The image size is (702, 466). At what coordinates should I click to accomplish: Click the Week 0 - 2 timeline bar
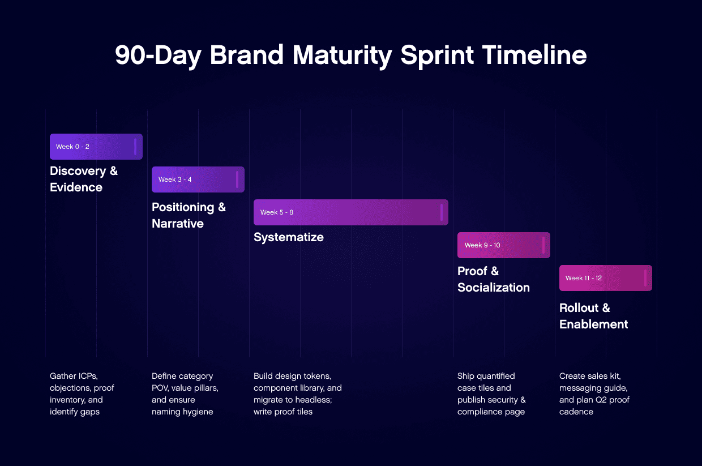(96, 147)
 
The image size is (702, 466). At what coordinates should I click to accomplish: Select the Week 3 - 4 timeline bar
(198, 179)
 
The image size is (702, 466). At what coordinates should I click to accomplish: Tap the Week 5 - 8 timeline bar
(350, 212)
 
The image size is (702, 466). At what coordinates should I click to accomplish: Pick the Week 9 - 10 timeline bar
(503, 245)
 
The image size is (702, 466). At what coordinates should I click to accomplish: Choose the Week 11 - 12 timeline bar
(605, 278)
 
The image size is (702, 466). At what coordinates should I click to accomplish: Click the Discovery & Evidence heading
(84, 179)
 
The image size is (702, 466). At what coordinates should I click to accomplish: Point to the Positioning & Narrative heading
(189, 215)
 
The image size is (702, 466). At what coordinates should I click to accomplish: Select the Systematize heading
(288, 237)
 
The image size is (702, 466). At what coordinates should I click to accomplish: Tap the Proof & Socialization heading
(493, 279)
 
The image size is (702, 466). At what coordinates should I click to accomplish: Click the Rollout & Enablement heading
(593, 316)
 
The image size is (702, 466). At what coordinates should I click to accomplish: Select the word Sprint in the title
(436, 55)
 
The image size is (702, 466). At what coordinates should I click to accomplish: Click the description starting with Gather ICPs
(82, 394)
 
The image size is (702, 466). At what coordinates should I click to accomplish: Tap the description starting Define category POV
(185, 394)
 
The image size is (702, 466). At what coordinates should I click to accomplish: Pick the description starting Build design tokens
(297, 394)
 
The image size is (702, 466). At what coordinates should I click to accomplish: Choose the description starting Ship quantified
(491, 394)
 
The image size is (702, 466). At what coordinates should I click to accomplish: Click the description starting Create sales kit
(594, 394)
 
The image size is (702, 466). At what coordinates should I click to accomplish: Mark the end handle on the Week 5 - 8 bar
(441, 212)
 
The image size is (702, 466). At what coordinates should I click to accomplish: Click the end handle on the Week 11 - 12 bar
(645, 278)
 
